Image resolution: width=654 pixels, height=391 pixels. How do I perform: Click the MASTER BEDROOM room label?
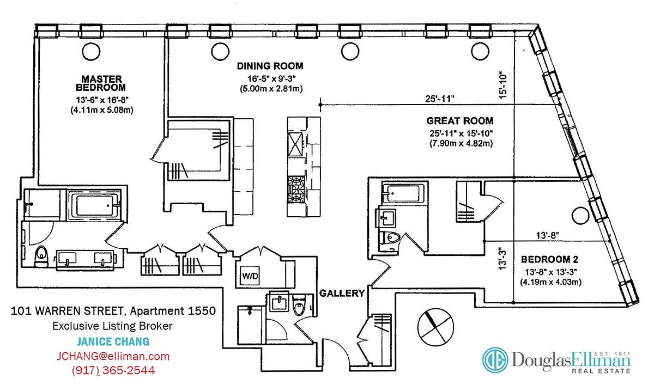[x=101, y=83]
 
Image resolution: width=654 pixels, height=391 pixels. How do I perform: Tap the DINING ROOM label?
[x=270, y=66]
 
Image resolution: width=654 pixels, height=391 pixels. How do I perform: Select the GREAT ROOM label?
[x=460, y=121]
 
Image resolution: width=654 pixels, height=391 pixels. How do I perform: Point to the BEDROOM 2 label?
[x=549, y=259]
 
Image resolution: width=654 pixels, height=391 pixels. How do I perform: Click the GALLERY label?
[x=342, y=293]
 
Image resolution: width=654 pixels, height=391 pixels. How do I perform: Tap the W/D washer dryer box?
[x=250, y=276]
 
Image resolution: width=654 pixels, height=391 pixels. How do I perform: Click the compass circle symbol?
[x=435, y=327]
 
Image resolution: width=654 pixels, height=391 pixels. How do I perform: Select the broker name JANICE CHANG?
[x=113, y=341]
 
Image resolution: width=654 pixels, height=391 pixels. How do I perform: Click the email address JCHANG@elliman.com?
[x=113, y=356]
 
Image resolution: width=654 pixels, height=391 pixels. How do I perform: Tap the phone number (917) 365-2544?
[x=113, y=370]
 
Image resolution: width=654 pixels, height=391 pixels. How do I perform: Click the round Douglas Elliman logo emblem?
[x=495, y=360]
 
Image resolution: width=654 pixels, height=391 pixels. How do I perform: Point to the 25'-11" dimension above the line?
[x=440, y=99]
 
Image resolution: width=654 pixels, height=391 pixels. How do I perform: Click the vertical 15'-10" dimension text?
[x=502, y=84]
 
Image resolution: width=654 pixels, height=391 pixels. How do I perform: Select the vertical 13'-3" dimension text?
[x=502, y=258]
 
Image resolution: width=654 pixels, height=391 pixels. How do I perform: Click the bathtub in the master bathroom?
[x=94, y=205]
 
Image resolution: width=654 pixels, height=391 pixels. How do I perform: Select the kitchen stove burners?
[x=296, y=190]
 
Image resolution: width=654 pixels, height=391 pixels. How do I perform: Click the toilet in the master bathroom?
[x=41, y=256]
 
